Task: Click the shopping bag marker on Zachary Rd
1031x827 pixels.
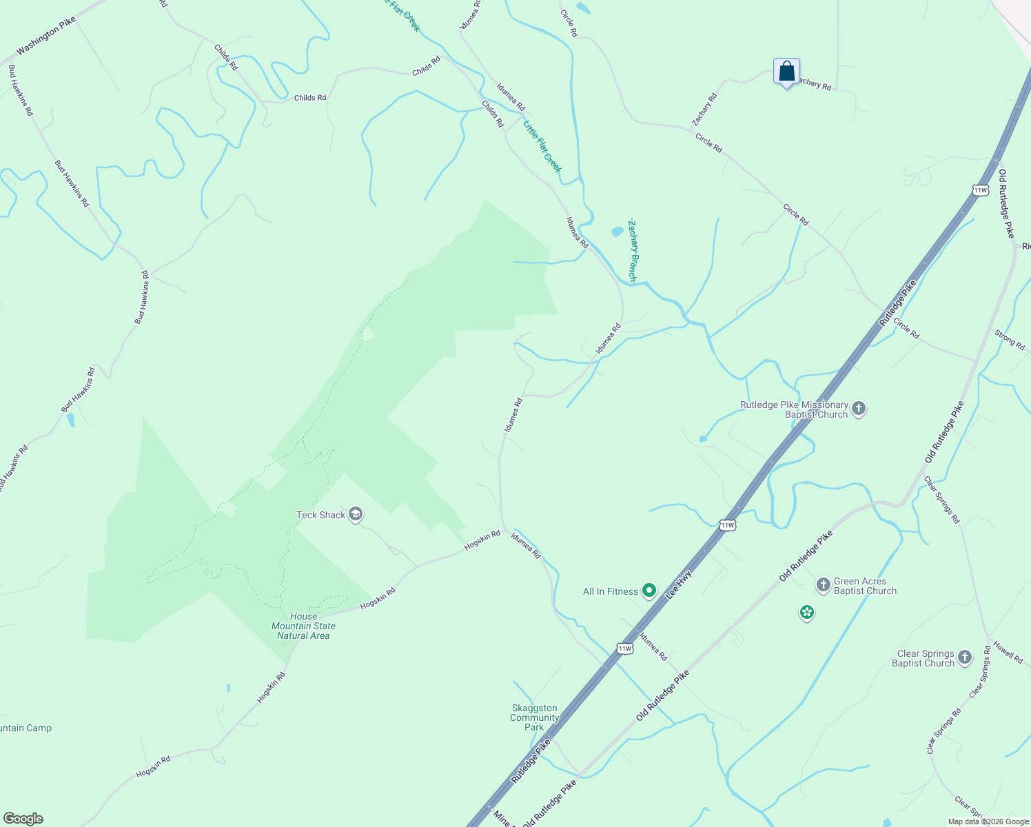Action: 786,72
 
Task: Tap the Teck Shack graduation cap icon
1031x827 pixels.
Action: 356,515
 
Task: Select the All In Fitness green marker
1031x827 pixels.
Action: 649,591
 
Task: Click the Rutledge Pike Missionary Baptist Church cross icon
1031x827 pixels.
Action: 859,409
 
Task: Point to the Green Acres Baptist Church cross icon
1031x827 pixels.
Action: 823,586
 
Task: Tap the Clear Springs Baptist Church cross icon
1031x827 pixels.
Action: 964,657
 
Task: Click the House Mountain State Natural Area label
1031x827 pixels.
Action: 303,626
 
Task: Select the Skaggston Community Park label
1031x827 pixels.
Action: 534,717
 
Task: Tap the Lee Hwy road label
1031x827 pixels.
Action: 679,580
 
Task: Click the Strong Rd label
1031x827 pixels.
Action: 1010,340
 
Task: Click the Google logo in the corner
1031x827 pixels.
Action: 23,819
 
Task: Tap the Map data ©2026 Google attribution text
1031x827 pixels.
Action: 988,821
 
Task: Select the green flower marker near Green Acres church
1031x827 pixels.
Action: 807,612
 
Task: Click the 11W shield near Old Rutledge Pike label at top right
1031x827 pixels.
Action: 980,190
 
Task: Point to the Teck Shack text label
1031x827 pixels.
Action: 320,515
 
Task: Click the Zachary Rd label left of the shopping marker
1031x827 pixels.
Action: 705,110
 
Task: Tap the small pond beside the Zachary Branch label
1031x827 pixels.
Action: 617,232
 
